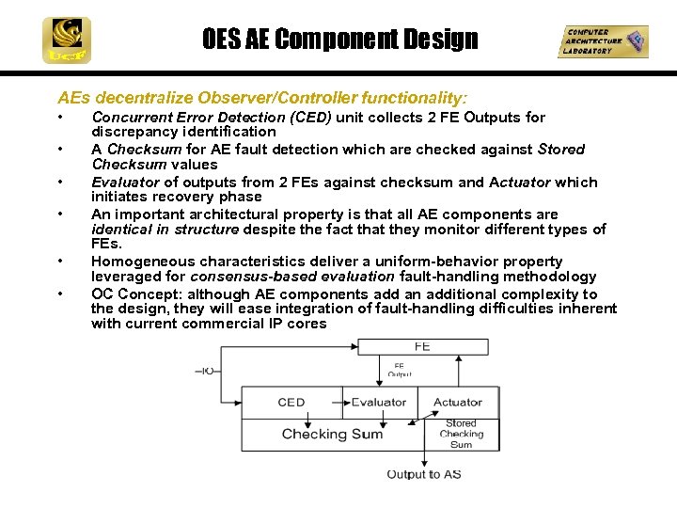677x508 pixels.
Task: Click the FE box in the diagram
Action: click(421, 346)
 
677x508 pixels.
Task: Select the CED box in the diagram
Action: click(291, 403)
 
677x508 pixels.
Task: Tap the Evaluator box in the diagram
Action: click(378, 403)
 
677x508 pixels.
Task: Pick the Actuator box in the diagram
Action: click(457, 403)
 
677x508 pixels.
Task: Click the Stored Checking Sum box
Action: click(461, 434)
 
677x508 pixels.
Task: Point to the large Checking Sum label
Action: click(332, 434)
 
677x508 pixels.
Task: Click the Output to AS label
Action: click(424, 474)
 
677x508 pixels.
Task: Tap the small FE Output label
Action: click(399, 370)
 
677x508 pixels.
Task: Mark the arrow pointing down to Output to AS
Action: click(424, 458)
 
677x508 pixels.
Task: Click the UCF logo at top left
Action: click(67, 40)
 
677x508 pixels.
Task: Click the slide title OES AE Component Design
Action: click(339, 40)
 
